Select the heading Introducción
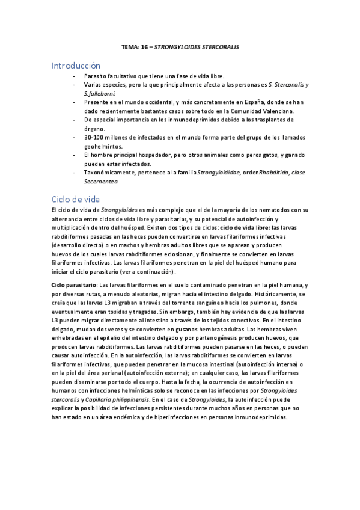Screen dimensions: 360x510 pos(76,65)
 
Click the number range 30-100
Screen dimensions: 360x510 pos(95,138)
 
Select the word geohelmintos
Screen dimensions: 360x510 pos(103,146)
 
